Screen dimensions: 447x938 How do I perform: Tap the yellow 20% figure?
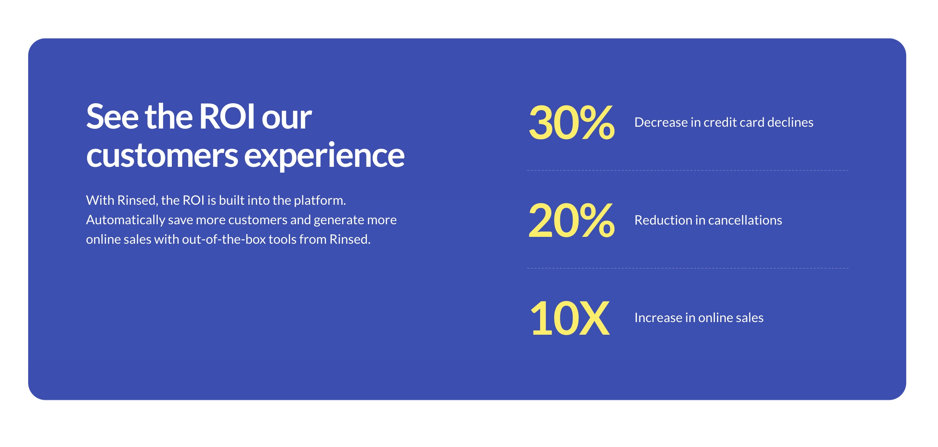tap(571, 220)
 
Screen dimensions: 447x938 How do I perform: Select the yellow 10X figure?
tap(569, 318)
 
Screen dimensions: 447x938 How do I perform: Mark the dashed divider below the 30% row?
tap(687, 170)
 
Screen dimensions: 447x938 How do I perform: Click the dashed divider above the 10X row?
tap(687, 268)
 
